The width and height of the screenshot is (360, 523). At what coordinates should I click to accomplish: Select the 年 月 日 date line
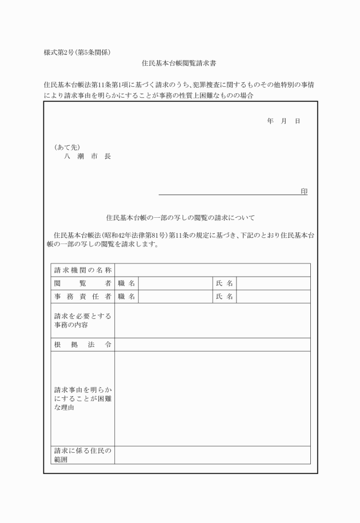pyautogui.click(x=283, y=122)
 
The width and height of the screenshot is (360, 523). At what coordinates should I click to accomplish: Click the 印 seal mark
pyautogui.click(x=304, y=191)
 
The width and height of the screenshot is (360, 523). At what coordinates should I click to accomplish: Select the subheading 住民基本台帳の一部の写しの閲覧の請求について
pyautogui.click(x=180, y=218)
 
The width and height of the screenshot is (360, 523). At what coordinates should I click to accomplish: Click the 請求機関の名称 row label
pyautogui.click(x=82, y=270)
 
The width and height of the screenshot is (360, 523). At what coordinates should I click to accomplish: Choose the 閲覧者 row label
pyautogui.click(x=82, y=283)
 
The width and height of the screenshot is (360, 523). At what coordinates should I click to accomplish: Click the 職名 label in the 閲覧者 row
pyautogui.click(x=127, y=283)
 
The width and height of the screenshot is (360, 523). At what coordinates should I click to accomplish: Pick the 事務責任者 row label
pyautogui.click(x=82, y=296)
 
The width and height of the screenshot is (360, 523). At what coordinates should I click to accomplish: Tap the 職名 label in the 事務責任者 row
pyautogui.click(x=127, y=296)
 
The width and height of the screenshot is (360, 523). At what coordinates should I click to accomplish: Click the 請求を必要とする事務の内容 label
pyautogui.click(x=82, y=320)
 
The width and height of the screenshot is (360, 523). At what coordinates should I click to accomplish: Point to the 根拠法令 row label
pyautogui.click(x=82, y=344)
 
